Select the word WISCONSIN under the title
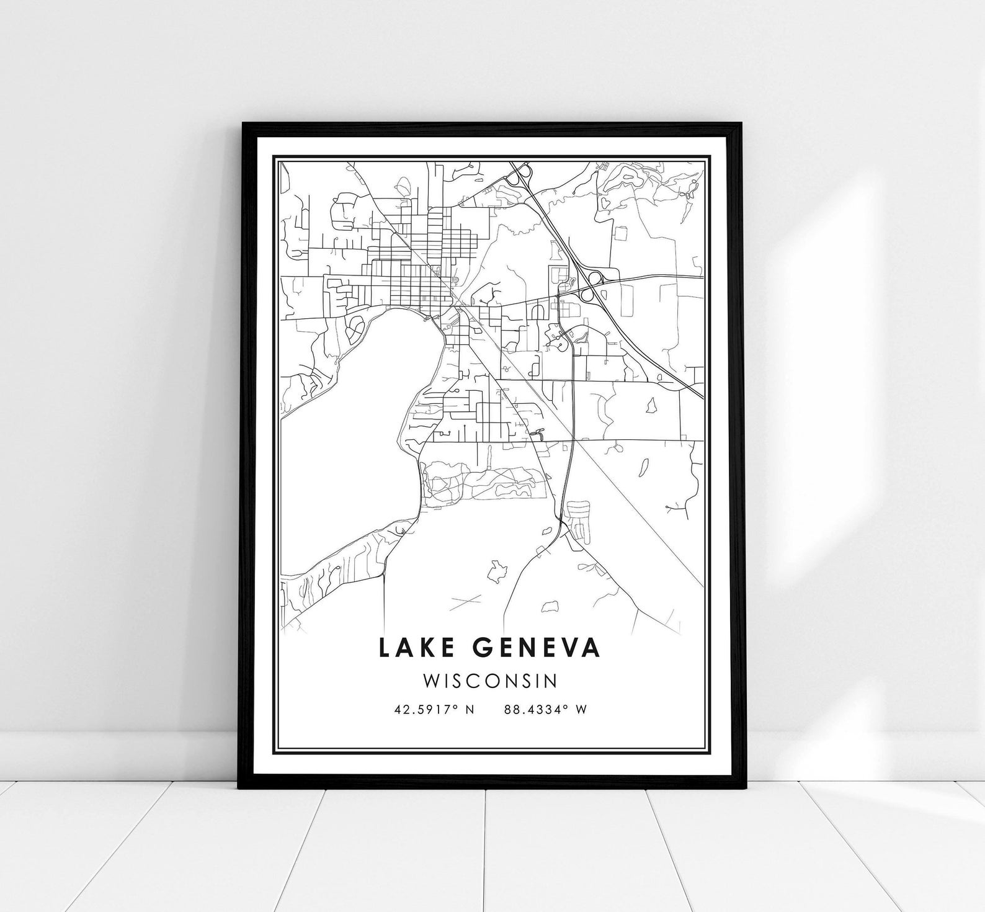[x=490, y=681]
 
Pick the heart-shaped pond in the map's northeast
[x=602, y=203]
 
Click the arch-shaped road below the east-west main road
[x=537, y=308]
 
